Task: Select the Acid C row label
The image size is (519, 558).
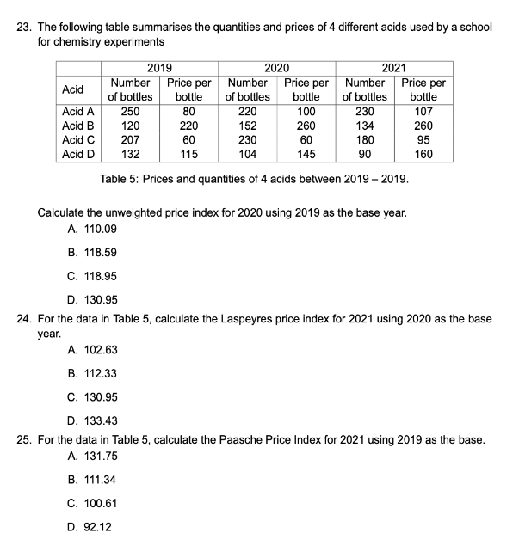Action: pos(79,140)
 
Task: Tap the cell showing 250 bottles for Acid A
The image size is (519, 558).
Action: pos(131,111)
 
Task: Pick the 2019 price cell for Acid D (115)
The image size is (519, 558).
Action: pos(188,155)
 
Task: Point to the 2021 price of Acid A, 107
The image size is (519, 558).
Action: pos(423,111)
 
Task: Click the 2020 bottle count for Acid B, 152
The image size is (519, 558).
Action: pos(248,126)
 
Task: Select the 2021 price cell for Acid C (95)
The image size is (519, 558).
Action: pos(423,140)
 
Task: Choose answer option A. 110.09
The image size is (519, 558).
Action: pos(91,229)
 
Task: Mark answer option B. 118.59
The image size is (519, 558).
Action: pos(91,253)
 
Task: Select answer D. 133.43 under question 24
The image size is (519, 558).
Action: pos(91,420)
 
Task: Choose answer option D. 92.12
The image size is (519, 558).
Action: pos(88,526)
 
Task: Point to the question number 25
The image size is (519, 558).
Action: pos(25,438)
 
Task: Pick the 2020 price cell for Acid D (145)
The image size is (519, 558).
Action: pos(306,155)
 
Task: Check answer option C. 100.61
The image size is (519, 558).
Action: pos(91,502)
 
